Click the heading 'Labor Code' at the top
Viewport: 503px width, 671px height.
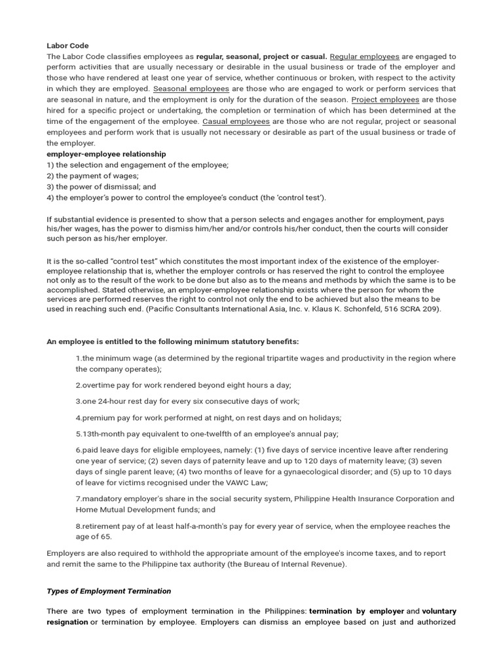(x=67, y=46)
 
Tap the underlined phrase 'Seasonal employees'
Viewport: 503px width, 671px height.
(x=191, y=88)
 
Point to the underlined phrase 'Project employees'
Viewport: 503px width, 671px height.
(x=385, y=100)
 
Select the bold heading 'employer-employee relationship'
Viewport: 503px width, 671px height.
(x=106, y=154)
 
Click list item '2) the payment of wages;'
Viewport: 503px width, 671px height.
(x=93, y=176)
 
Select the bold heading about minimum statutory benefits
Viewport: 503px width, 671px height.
(x=173, y=341)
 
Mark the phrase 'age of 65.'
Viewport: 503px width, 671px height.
(x=94, y=537)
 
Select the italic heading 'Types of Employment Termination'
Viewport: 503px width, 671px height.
(x=109, y=591)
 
